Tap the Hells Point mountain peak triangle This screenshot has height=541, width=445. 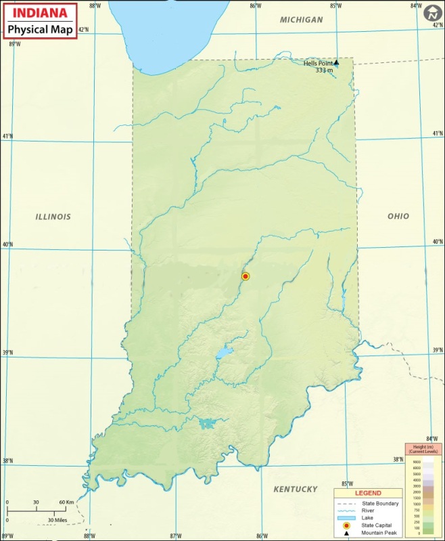coord(336,62)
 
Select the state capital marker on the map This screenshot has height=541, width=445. coord(245,276)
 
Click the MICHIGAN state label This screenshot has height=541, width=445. coord(302,20)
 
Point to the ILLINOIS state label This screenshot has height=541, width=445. coord(53,217)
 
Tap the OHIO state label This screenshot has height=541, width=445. coord(398,216)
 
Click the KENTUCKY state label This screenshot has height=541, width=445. coord(295,489)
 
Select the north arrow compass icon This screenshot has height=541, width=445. coord(432,12)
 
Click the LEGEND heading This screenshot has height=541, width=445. coord(368,493)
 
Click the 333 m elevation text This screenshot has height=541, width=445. coord(326,70)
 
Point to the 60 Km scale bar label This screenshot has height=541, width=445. coord(66,502)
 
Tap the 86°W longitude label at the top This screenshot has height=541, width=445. coord(255,6)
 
